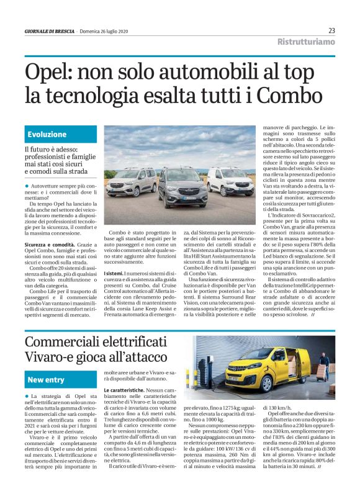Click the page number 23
(331, 30)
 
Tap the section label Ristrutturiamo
(306, 42)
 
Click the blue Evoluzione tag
(47, 134)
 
